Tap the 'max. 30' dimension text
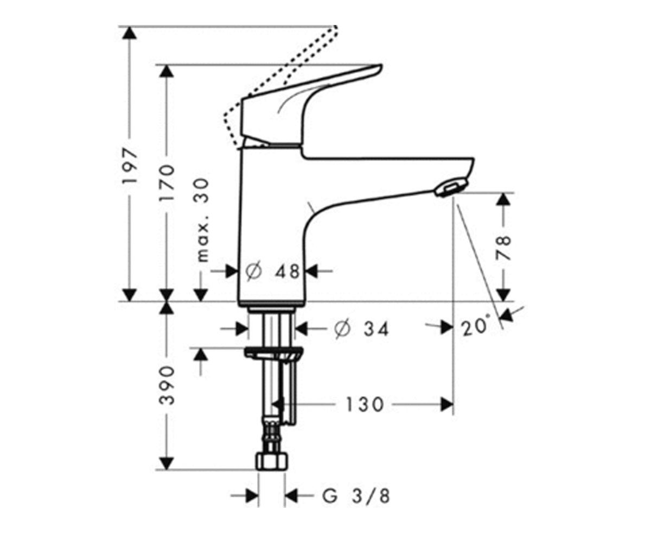point(203,220)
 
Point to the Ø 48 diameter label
point(272,271)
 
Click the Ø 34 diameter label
point(361,329)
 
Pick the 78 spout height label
point(503,248)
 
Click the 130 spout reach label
point(365,405)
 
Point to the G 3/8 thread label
point(356,496)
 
